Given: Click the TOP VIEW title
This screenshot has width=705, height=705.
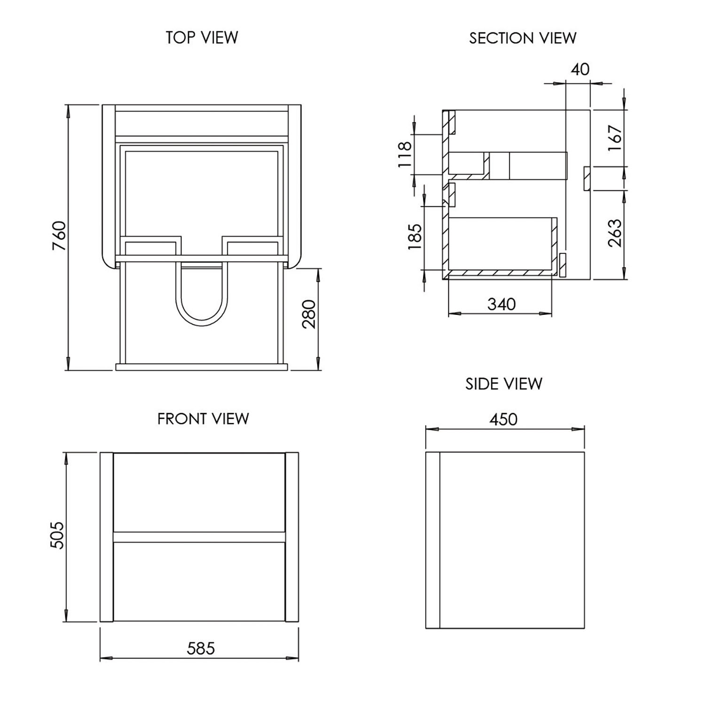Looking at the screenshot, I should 202,38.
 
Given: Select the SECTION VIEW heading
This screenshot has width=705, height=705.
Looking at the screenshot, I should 522,38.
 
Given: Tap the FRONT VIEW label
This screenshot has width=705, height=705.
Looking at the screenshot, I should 203,418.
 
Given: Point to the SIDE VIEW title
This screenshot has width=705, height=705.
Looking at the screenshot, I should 503,384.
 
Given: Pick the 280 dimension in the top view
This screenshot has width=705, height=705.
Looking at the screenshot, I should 309,314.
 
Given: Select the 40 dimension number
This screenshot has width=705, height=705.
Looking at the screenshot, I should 580,70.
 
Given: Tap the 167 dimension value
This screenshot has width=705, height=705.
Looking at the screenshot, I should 615,137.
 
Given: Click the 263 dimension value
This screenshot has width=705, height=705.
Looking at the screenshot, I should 615,233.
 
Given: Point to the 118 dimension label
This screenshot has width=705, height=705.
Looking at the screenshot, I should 405,155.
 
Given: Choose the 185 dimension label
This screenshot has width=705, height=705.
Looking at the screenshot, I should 415,236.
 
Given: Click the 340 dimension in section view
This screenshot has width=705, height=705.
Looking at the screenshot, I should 501,304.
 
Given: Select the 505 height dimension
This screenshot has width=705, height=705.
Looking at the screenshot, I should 57,535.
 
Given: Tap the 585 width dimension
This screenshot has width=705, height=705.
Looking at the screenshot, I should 201,649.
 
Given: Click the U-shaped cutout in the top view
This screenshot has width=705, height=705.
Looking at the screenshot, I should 202,301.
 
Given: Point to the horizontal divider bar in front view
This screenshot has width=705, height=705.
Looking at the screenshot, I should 199,537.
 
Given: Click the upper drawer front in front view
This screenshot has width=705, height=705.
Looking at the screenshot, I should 199,492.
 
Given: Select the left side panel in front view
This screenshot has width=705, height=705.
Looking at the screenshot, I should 107,537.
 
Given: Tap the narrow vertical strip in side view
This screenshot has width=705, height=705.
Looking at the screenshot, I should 432,540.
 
